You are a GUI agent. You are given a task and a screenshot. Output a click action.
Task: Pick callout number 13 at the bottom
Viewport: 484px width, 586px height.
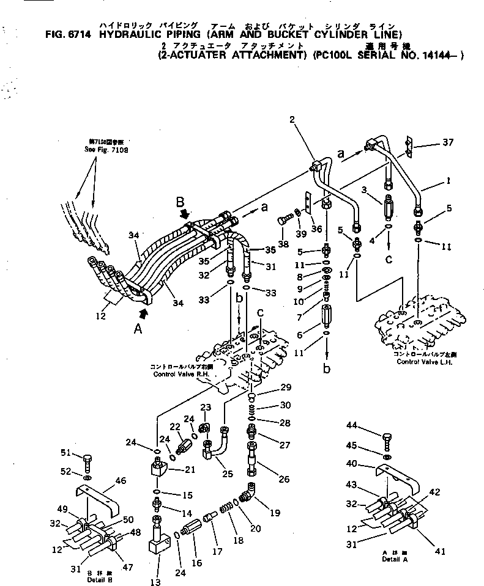156,582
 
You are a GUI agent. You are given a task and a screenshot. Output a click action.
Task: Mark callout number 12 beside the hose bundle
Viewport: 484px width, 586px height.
101,316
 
